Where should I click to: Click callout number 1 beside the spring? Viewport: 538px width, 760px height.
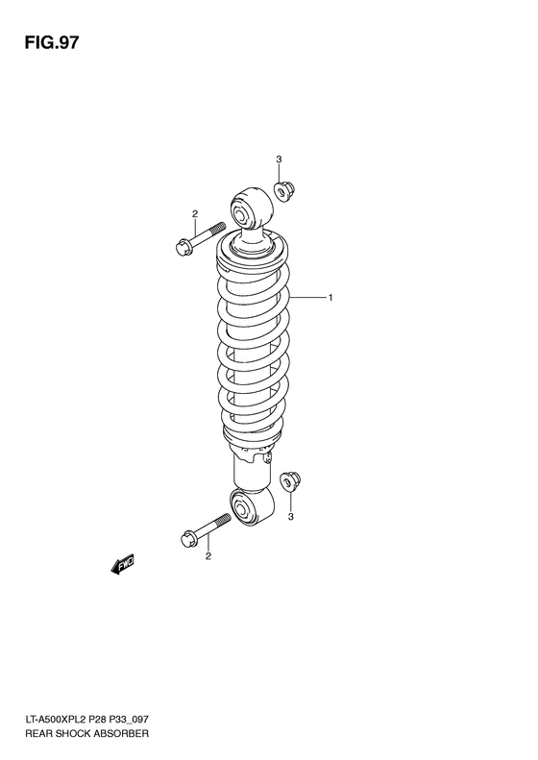(330, 298)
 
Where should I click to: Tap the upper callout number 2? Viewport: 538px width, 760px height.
(194, 213)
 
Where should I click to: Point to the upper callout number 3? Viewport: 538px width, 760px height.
(279, 159)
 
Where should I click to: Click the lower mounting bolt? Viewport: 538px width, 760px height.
(206, 529)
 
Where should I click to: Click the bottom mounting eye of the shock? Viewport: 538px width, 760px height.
(252, 506)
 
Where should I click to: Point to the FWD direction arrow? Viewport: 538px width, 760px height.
(123, 566)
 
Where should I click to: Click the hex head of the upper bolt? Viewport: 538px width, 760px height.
(183, 249)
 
